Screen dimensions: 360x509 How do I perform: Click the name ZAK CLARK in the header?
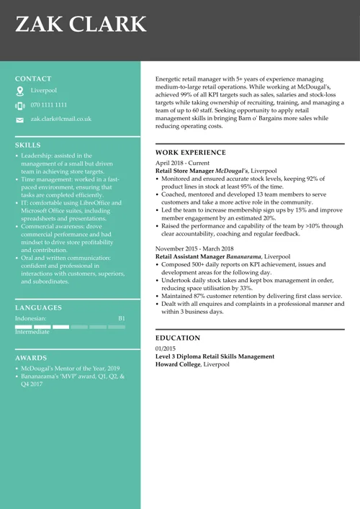coord(81,25)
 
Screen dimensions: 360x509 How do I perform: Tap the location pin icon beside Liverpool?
coord(19,91)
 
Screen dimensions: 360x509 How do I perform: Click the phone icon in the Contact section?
coord(19,105)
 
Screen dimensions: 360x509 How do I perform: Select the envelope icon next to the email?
coord(19,120)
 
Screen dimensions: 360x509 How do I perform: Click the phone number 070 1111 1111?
coord(49,105)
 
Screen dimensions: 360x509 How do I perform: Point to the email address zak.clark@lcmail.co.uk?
coord(61,119)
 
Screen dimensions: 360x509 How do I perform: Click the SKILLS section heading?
coord(28,145)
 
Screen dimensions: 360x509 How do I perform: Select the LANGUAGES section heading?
coord(38,307)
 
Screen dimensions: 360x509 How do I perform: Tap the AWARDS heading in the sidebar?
coord(31,358)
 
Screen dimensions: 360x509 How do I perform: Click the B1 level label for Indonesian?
coord(121,318)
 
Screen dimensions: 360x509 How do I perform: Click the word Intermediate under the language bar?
coord(32,332)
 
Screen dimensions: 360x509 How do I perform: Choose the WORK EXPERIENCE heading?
coord(190,153)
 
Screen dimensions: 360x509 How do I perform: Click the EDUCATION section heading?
coord(178,338)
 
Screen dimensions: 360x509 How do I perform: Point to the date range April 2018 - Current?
coord(183,163)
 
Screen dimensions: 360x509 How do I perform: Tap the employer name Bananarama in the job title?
coord(243,256)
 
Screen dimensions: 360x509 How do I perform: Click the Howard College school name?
coord(178,364)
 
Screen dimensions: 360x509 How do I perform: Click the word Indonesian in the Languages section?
coord(31,318)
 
